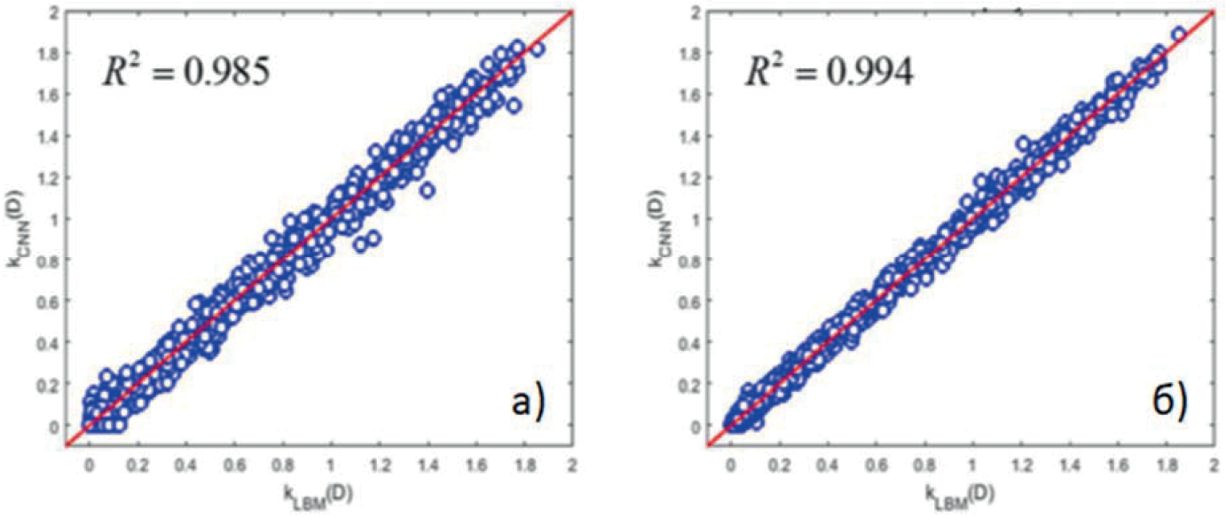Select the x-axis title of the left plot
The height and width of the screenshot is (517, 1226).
click(x=330, y=491)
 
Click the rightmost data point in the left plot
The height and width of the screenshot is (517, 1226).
click(x=537, y=49)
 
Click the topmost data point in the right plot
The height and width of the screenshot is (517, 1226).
click(x=1178, y=35)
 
